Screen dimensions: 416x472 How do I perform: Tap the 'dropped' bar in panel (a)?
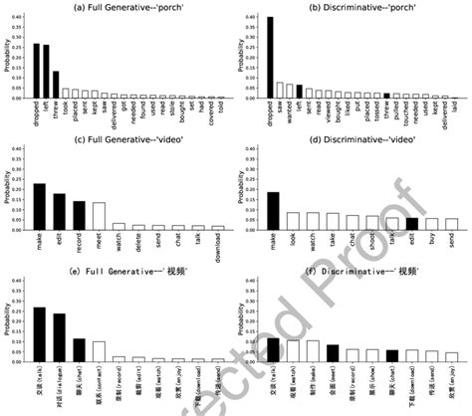tap(37, 71)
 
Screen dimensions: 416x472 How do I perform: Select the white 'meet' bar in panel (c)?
tap(99, 216)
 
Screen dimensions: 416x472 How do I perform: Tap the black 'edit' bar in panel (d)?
tap(413, 224)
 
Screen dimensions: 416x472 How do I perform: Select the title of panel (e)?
tap(117, 286)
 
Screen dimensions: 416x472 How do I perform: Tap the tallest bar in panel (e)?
tap(40, 333)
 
